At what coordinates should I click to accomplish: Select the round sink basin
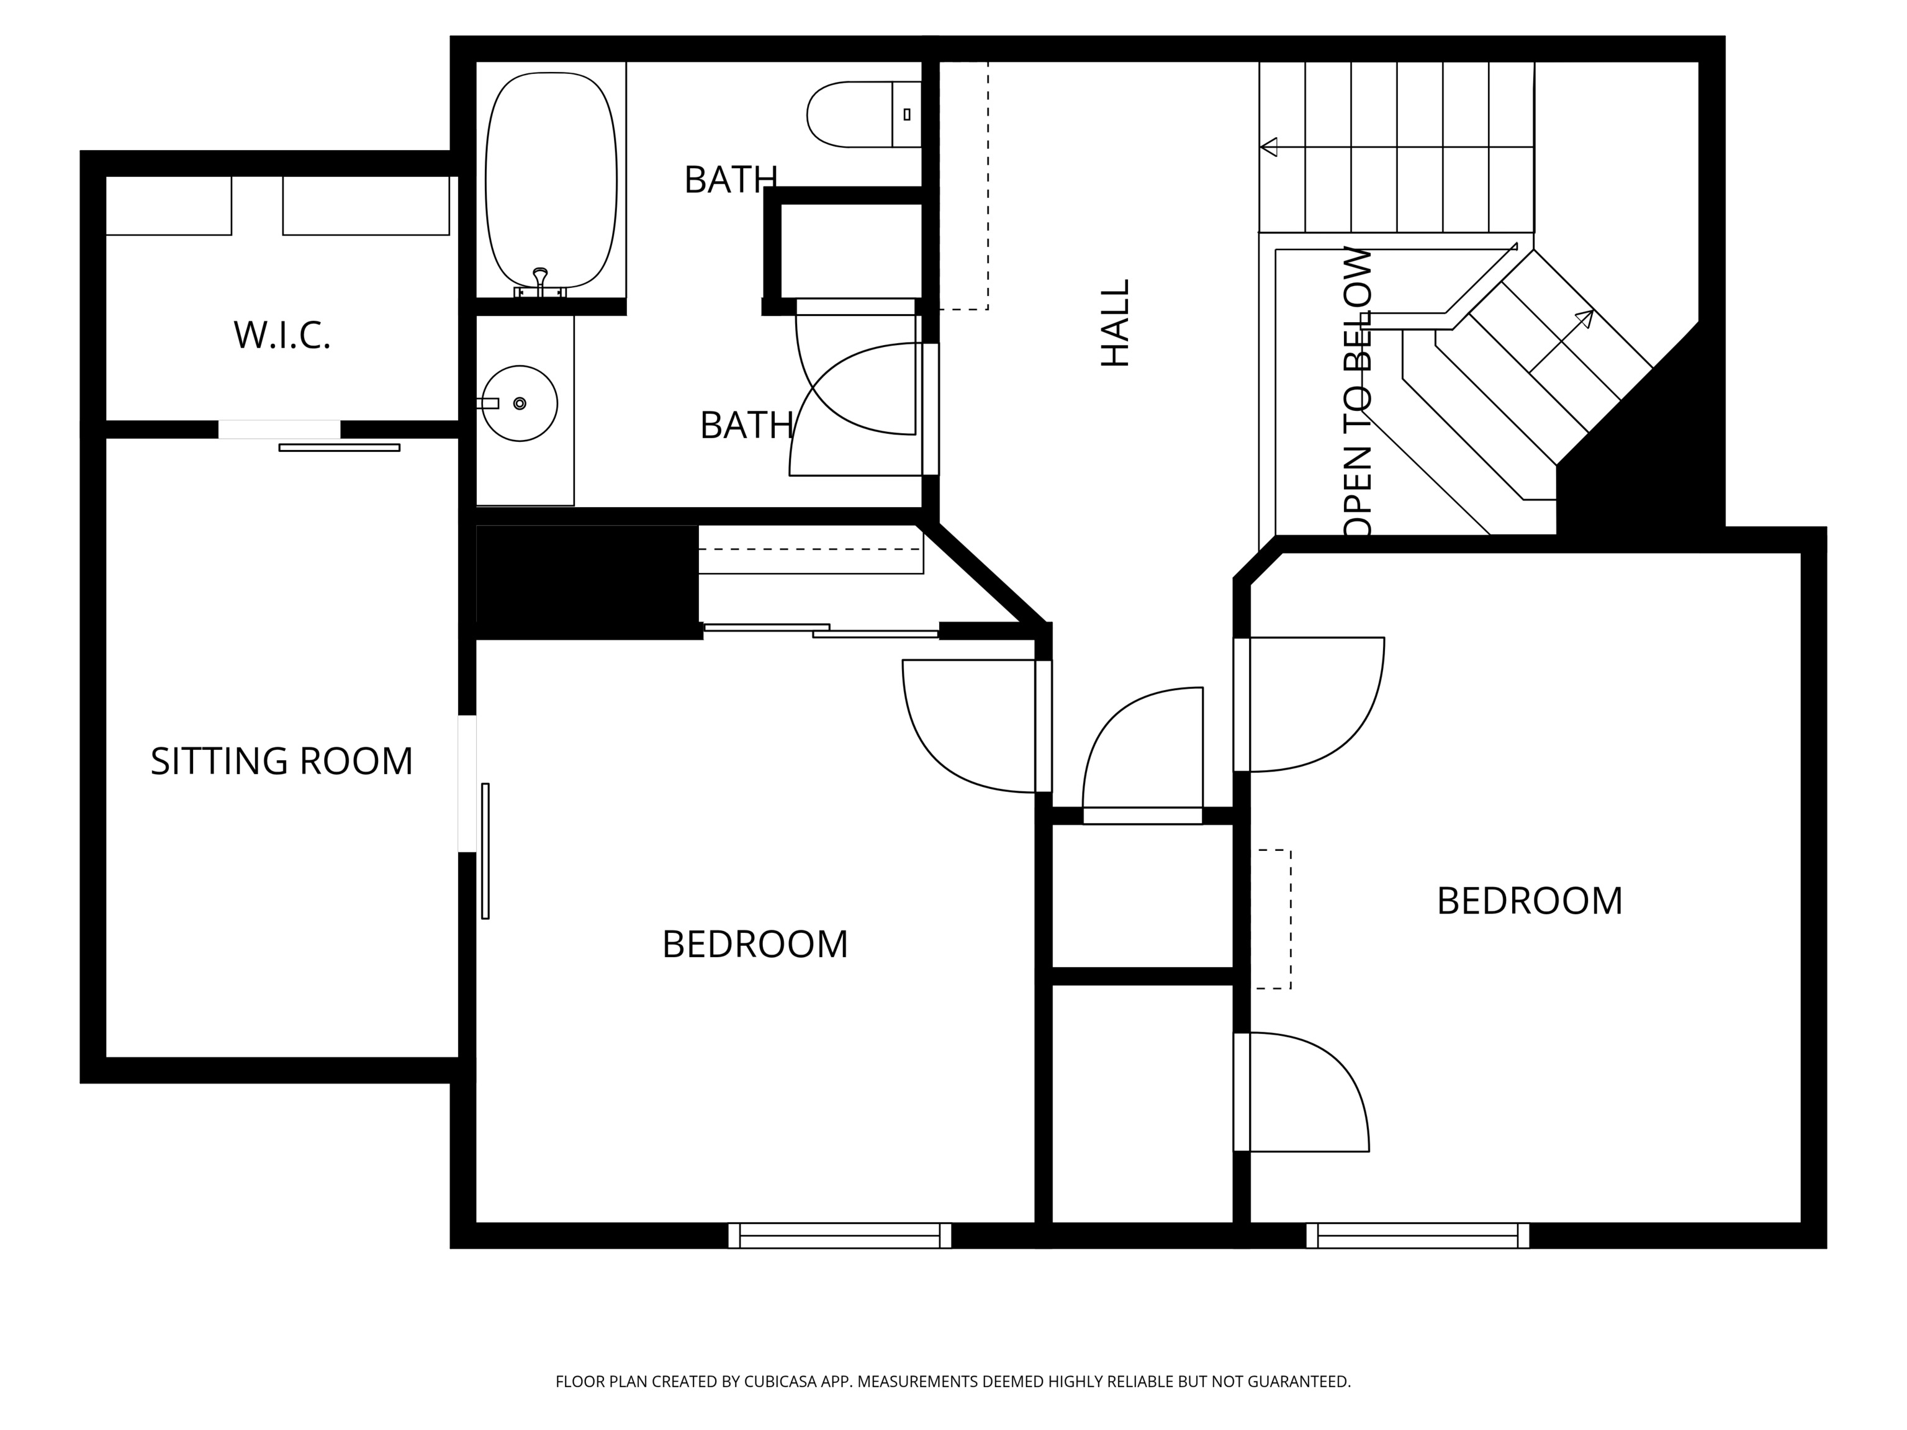[519, 403]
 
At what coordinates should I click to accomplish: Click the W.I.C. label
[282, 335]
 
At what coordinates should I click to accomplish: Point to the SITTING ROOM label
[281, 761]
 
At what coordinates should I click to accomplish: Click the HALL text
[1115, 323]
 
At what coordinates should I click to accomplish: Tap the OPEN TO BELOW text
[1357, 392]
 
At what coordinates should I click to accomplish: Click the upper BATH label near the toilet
[730, 180]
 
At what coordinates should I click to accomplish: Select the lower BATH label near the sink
[746, 426]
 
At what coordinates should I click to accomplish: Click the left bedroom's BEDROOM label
[754, 945]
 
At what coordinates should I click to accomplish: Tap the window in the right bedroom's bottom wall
[1417, 1235]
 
